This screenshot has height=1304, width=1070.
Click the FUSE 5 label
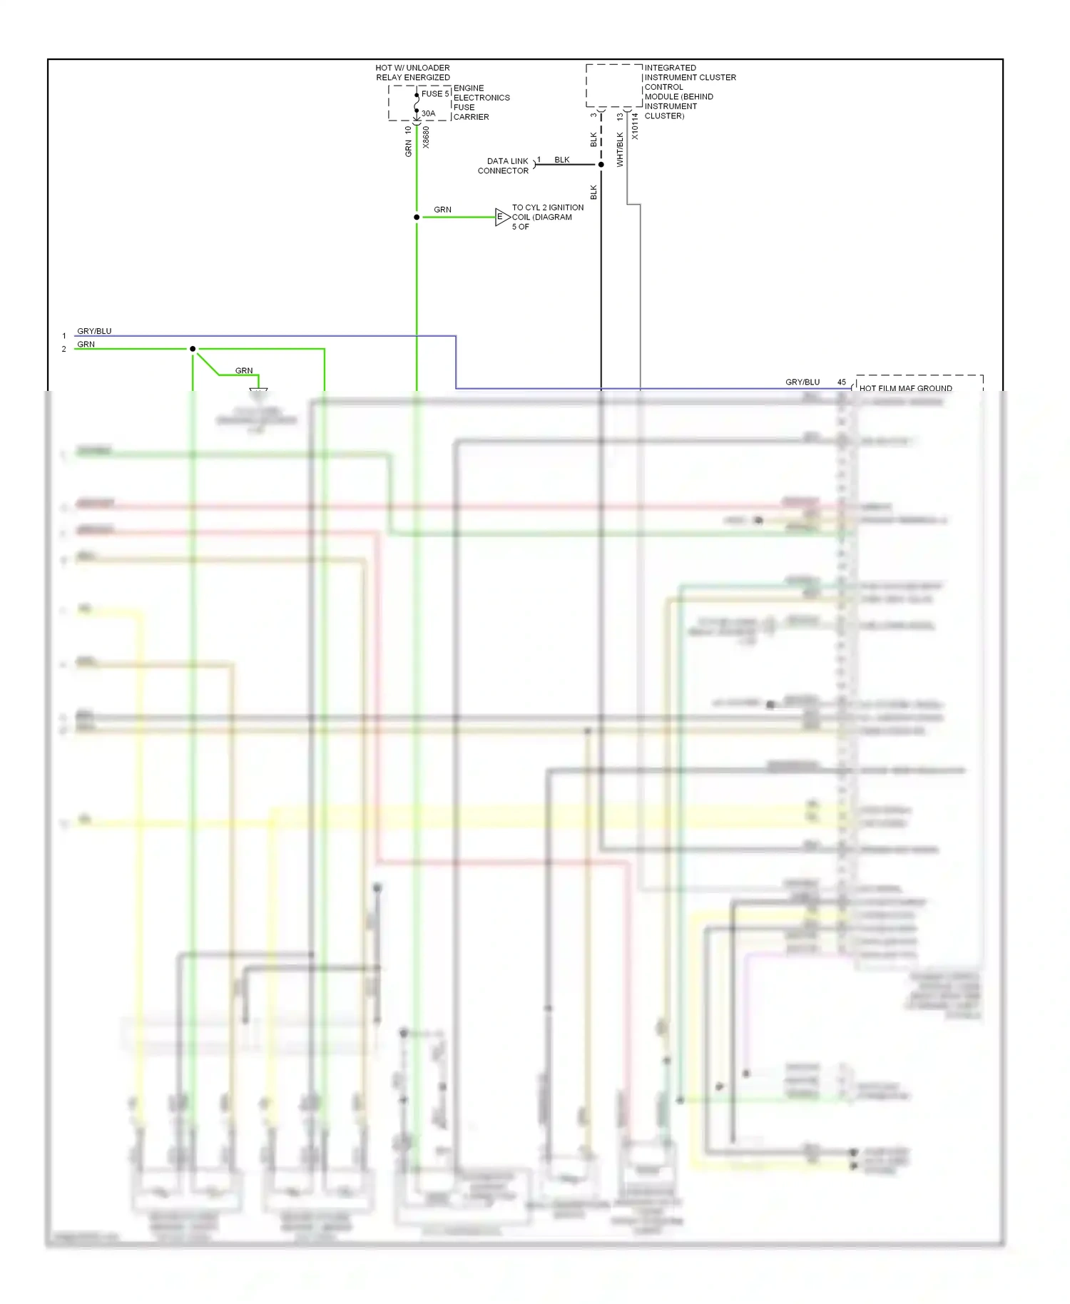[x=434, y=93]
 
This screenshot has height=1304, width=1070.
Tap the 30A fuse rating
[x=428, y=113]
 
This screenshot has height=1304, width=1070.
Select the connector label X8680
[x=427, y=137]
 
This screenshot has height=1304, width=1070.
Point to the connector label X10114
[x=635, y=126]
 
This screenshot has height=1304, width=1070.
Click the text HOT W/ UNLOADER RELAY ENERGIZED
[x=413, y=73]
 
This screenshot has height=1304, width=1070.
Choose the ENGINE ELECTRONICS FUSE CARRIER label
[x=481, y=103]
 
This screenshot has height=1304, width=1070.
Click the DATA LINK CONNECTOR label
[x=504, y=166]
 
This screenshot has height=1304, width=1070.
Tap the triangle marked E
[x=501, y=217]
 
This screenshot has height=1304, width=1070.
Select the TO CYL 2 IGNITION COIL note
[x=547, y=217]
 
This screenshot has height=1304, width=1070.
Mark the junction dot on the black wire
[x=601, y=165]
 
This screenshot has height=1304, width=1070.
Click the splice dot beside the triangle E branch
[x=417, y=217]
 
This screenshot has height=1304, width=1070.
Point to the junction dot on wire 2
[x=193, y=349]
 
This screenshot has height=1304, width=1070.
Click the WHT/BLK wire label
[x=620, y=150]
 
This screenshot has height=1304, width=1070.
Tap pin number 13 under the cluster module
[x=620, y=116]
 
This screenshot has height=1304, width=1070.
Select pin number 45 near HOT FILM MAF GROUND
[x=842, y=382]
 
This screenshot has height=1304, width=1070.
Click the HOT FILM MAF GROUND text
[x=905, y=389]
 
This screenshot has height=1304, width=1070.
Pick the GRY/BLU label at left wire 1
[x=94, y=331]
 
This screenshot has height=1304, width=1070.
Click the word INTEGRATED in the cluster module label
[x=670, y=68]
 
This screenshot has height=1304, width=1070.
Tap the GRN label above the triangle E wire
[x=442, y=210]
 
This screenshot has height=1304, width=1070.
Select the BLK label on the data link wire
[x=562, y=160]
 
